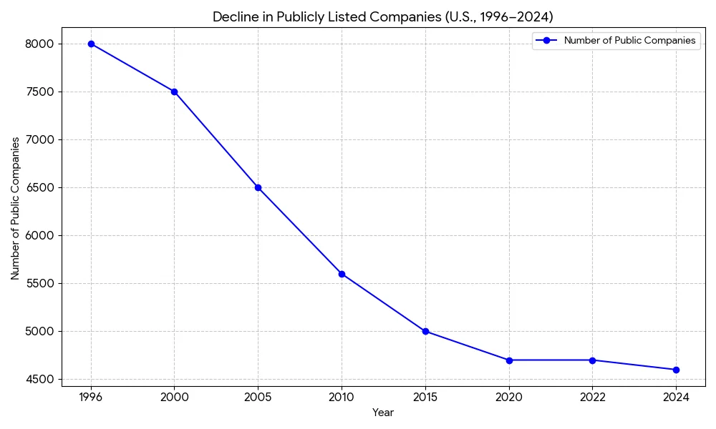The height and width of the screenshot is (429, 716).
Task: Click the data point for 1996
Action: point(91,44)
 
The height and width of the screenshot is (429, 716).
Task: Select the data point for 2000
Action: point(174,92)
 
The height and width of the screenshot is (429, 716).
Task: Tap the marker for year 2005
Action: point(258,187)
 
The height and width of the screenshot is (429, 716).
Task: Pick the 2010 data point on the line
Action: point(342,274)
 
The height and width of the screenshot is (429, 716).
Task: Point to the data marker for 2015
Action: point(425,331)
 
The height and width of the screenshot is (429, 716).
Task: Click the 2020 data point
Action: point(509,360)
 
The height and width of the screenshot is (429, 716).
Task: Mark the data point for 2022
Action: point(592,360)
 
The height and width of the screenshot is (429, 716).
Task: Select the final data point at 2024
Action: point(676,370)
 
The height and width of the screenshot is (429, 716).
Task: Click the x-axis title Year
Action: point(383,413)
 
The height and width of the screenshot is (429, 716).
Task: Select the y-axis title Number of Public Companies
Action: point(15,208)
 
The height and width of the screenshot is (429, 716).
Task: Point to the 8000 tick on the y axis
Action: point(40,44)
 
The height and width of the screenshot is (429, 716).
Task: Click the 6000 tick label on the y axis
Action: point(40,235)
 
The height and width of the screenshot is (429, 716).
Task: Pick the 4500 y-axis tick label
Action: point(40,379)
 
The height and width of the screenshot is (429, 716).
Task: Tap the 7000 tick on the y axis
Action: point(40,139)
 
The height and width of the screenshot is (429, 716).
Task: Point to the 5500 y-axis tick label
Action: point(40,283)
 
